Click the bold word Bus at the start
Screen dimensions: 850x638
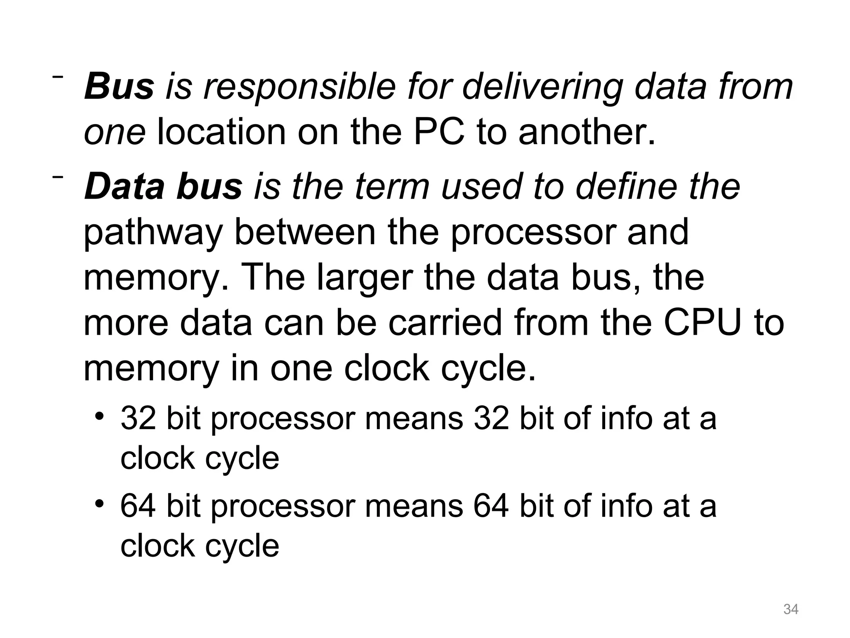click(119, 87)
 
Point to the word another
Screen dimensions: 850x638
click(587, 132)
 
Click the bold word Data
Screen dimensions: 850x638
click(125, 186)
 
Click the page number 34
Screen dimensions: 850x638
click(791, 609)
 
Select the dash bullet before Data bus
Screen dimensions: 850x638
click(57, 177)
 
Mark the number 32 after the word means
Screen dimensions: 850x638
click(491, 418)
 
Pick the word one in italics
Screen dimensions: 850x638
click(115, 133)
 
